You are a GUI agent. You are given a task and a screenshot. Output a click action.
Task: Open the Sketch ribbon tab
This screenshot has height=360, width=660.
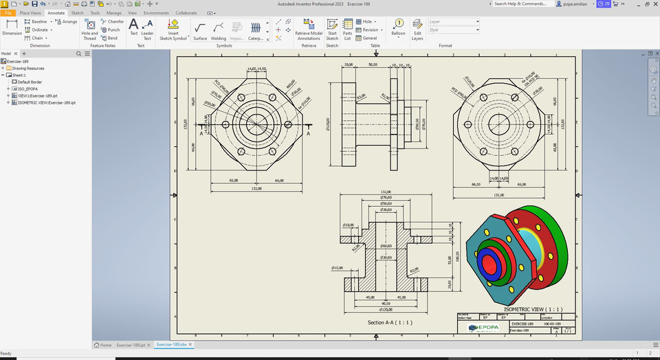click(x=77, y=13)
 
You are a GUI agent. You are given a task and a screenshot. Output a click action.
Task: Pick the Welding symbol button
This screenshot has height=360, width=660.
click(x=218, y=30)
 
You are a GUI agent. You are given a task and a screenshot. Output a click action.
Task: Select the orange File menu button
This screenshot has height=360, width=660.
click(x=8, y=13)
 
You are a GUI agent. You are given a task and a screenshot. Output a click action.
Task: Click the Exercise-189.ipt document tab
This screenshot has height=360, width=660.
click(x=130, y=345)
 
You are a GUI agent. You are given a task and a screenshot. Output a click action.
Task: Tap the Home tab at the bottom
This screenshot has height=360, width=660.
click(x=102, y=345)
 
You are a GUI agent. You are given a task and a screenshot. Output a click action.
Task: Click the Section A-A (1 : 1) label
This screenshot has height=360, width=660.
click(x=390, y=322)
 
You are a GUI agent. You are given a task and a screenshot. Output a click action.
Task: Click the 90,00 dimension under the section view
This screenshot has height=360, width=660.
click(x=386, y=303)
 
